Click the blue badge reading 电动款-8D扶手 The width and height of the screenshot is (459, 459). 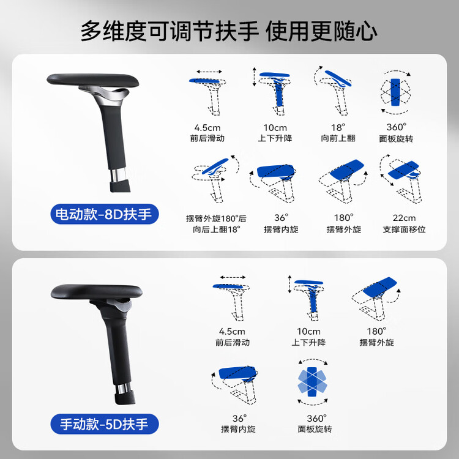coord(105,214)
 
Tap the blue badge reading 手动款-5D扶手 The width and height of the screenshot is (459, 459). coord(105,424)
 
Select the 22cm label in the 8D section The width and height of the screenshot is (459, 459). coord(404,218)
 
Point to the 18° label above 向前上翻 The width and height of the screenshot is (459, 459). coord(338,128)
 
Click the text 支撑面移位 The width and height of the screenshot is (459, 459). coord(404,229)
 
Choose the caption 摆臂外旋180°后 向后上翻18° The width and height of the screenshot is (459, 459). coord(216,224)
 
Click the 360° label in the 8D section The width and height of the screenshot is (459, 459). coord(397,127)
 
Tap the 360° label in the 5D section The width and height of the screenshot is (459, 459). coord(316,419)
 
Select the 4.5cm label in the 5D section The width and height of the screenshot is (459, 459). coord(232,331)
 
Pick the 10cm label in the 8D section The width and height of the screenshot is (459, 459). coord(275,128)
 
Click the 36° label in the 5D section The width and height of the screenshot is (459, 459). coord(239,419)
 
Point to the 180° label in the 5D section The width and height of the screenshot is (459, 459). coord(377,331)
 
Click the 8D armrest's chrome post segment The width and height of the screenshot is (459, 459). coord(118,175)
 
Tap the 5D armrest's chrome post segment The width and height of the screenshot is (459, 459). coord(122,388)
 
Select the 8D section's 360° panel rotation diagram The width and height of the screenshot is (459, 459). coord(395,92)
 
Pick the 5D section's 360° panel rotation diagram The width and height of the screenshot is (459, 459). coord(312,382)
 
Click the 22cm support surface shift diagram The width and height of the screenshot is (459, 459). coord(401,179)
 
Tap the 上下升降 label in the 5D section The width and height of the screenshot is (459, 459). coord(308,342)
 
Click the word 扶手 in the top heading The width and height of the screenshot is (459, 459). coord(237,31)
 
